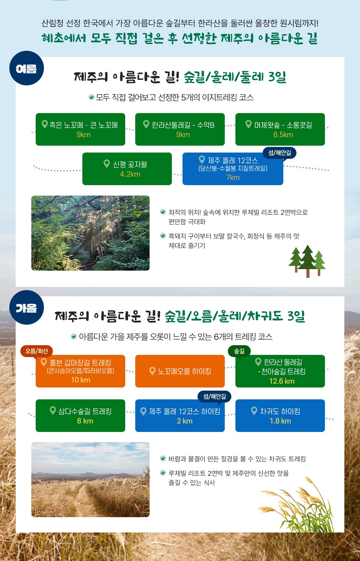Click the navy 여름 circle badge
click(x=27, y=68)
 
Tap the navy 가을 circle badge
click(x=27, y=307)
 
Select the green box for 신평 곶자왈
click(x=127, y=169)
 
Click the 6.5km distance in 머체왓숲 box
click(x=283, y=135)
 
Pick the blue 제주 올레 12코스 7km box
click(x=233, y=169)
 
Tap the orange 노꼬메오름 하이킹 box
click(x=180, y=371)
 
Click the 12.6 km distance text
click(x=282, y=381)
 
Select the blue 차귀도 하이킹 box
click(x=280, y=416)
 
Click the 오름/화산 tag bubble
click(x=37, y=351)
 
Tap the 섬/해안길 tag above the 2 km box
click(x=214, y=397)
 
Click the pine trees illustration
click(x=307, y=261)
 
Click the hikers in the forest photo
click(x=99, y=251)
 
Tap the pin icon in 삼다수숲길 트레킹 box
click(x=53, y=410)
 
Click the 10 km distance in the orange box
click(x=81, y=380)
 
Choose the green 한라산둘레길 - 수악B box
click(x=180, y=129)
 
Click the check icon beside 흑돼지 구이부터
click(x=163, y=236)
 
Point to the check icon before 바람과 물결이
click(x=163, y=459)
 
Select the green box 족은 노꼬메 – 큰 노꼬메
click(x=80, y=129)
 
